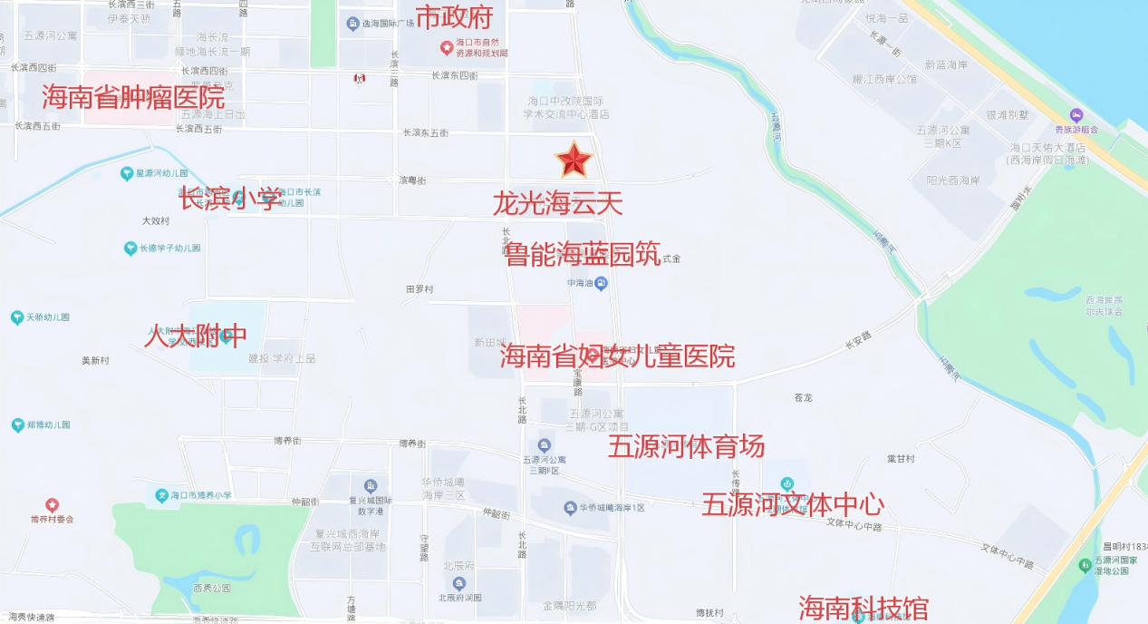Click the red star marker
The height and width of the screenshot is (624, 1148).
(x=574, y=161)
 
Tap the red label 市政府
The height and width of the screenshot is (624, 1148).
(x=456, y=17)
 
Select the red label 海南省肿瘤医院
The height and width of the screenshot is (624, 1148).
(x=133, y=96)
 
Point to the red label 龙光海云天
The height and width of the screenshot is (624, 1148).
(x=557, y=203)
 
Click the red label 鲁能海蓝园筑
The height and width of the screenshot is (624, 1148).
(x=583, y=254)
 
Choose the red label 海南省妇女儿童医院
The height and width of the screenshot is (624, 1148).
(x=617, y=356)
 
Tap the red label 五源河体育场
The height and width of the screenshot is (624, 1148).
(x=686, y=446)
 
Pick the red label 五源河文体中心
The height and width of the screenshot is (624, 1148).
(x=793, y=504)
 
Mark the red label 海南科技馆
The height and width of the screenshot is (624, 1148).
(x=863, y=609)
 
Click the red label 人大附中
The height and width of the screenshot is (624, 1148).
(x=195, y=336)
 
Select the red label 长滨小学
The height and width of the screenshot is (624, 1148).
(x=230, y=199)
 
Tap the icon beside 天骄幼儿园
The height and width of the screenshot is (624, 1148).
(x=16, y=317)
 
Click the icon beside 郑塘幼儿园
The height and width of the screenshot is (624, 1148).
(x=16, y=424)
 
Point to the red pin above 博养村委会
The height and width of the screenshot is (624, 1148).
(x=52, y=504)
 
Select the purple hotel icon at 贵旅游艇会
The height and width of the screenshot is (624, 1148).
(x=1076, y=116)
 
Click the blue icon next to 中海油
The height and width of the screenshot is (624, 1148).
(x=600, y=283)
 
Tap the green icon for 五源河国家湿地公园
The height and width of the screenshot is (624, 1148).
(x=1085, y=565)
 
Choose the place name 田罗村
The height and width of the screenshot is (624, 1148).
(x=420, y=289)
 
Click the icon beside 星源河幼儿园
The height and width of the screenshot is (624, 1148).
(x=126, y=173)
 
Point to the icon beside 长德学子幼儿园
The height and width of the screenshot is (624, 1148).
(x=130, y=248)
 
